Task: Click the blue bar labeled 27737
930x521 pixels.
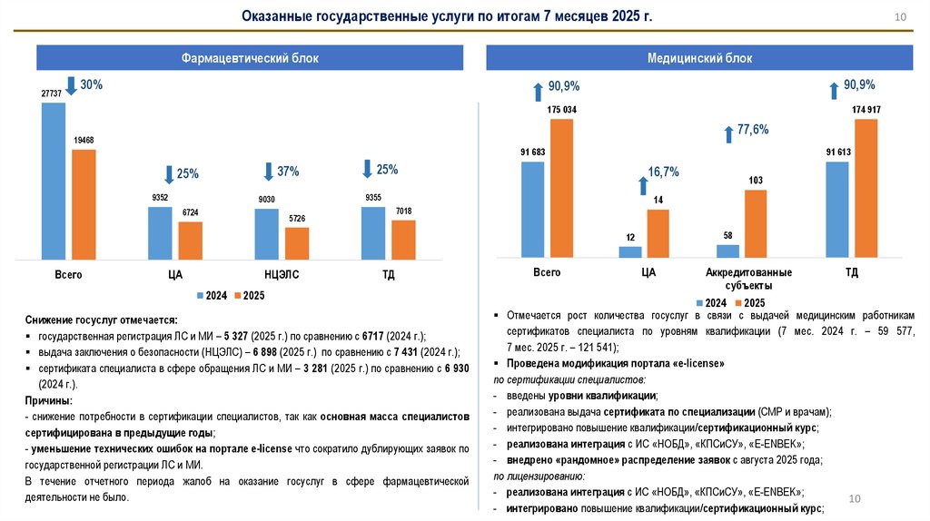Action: pyautogui.click(x=54, y=181)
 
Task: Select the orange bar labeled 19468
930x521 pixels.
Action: pyautogui.click(x=84, y=204)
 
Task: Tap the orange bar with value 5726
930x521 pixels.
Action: pyautogui.click(x=297, y=243)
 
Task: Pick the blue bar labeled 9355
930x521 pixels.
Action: pyautogui.click(x=373, y=233)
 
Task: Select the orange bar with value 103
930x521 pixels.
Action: pyautogui.click(x=756, y=224)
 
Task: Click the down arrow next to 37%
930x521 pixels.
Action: pyautogui.click(x=268, y=171)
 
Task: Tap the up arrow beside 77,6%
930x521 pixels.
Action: pyautogui.click(x=727, y=133)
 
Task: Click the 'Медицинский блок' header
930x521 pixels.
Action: pyautogui.click(x=699, y=58)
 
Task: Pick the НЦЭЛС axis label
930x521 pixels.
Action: pyautogui.click(x=282, y=272)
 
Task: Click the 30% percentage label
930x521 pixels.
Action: pyautogui.click(x=92, y=84)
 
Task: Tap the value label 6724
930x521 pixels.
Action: pyautogui.click(x=190, y=213)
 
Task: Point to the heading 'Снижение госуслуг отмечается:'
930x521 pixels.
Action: pyautogui.click(x=102, y=319)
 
